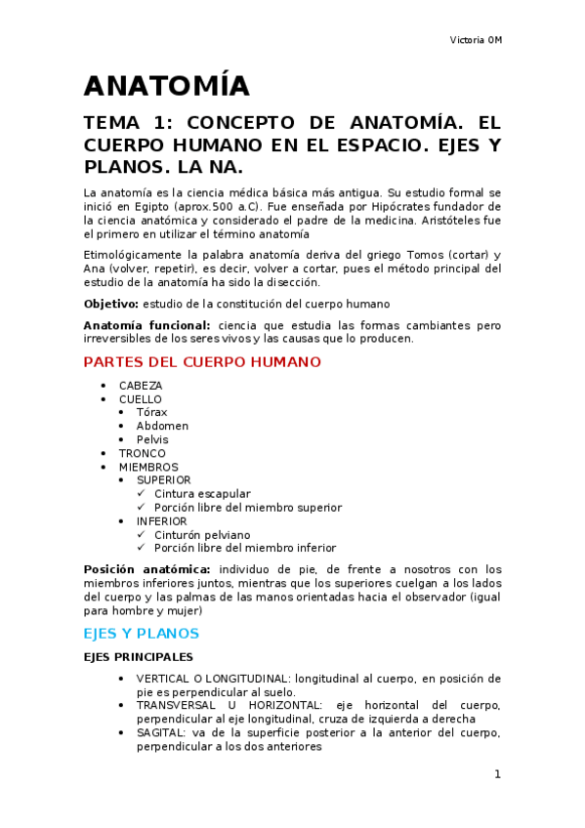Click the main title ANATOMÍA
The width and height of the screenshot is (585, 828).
pyautogui.click(x=167, y=86)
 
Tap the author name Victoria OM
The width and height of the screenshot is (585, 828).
pyautogui.click(x=476, y=40)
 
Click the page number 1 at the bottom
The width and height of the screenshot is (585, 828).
pyautogui.click(x=497, y=774)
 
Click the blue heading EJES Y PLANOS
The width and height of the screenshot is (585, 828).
pyautogui.click(x=142, y=633)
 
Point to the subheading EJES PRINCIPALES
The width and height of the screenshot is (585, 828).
pyautogui.click(x=139, y=657)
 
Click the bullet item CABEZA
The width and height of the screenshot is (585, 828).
pyautogui.click(x=141, y=386)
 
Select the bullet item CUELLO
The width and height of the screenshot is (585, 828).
pyautogui.click(x=141, y=399)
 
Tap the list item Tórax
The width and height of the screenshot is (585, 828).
pyautogui.click(x=152, y=412)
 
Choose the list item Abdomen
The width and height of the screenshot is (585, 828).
pyautogui.click(x=162, y=426)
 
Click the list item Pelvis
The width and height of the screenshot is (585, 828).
pyautogui.click(x=152, y=439)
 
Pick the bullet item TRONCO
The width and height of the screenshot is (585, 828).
pyautogui.click(x=143, y=453)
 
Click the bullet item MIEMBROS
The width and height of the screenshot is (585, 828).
pyautogui.click(x=148, y=467)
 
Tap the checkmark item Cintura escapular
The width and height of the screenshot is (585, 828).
pyautogui.click(x=202, y=494)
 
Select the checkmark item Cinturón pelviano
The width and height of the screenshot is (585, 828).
pyautogui.click(x=202, y=535)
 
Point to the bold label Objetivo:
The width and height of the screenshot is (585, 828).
pyautogui.click(x=110, y=304)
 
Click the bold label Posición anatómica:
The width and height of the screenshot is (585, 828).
pyautogui.click(x=147, y=569)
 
